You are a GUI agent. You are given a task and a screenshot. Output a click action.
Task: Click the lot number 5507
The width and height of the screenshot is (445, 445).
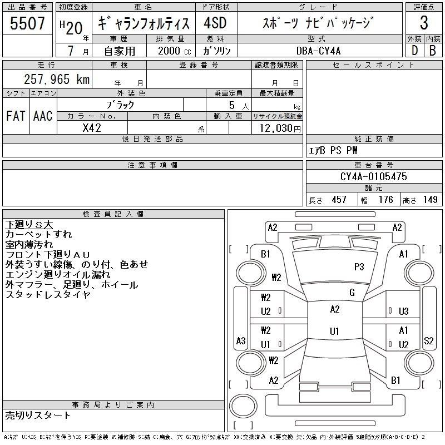(x=28, y=23)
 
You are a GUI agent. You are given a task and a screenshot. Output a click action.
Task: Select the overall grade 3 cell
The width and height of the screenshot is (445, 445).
(x=424, y=23)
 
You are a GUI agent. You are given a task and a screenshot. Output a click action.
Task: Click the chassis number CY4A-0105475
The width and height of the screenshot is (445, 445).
(x=373, y=177)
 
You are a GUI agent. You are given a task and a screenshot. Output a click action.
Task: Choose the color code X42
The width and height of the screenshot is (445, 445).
(x=92, y=127)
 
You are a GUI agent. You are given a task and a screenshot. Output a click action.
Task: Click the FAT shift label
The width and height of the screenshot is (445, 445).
(x=15, y=116)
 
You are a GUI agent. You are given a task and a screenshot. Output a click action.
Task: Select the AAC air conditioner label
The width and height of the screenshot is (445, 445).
(x=42, y=116)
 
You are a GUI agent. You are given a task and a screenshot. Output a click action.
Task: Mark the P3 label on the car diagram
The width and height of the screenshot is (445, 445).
(x=359, y=266)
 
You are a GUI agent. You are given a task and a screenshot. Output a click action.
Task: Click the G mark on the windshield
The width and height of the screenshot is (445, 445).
(x=352, y=293)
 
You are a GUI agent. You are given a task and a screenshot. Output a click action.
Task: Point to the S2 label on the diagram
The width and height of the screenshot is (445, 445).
(x=428, y=341)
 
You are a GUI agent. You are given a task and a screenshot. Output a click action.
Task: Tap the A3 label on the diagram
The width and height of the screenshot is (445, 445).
(x=241, y=341)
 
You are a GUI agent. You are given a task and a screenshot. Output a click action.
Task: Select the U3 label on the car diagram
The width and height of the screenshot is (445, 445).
(x=404, y=311)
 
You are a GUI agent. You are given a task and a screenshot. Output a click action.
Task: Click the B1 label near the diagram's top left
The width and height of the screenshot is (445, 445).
(x=265, y=254)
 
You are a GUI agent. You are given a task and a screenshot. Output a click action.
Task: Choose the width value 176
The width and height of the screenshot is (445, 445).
(x=385, y=200)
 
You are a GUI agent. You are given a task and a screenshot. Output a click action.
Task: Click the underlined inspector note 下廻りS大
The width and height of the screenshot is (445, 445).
(x=29, y=225)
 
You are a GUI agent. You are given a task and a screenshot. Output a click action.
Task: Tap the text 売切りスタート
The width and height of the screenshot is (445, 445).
(x=38, y=416)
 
